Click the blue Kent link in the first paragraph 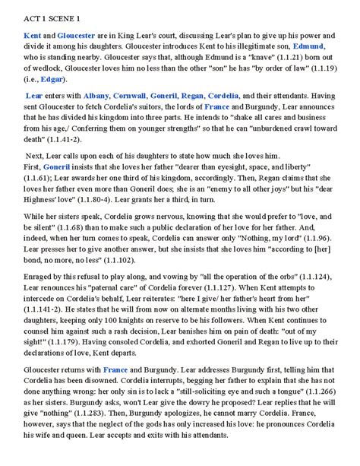click(33, 36)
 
